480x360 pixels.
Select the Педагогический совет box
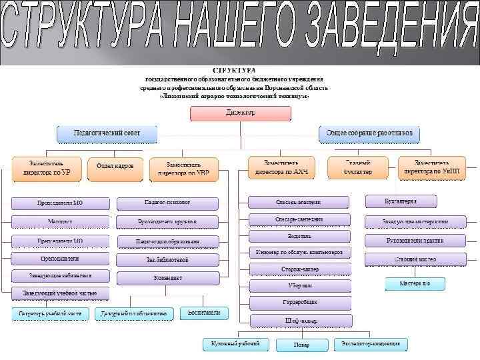[107, 134]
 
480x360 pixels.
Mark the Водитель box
[299, 236]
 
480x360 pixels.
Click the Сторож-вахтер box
[299, 269]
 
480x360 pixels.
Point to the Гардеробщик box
[299, 303]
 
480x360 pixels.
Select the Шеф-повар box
[299, 320]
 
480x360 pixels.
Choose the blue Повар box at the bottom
[301, 345]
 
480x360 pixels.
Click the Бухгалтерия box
[401, 201]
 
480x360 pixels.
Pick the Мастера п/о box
[415, 284]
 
